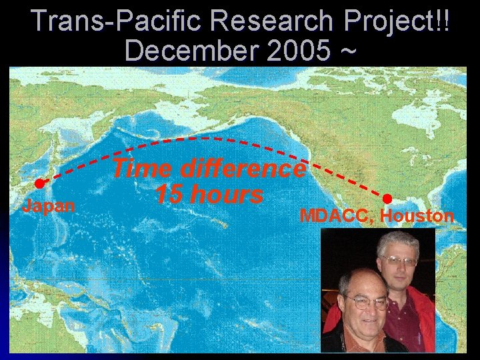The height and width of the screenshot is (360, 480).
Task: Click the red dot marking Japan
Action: coord(39,183)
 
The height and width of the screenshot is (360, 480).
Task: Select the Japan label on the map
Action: coord(48,206)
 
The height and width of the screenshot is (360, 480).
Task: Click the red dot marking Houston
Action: coord(387,198)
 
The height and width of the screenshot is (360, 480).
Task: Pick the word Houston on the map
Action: coord(417,216)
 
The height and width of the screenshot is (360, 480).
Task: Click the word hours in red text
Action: coord(227,195)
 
